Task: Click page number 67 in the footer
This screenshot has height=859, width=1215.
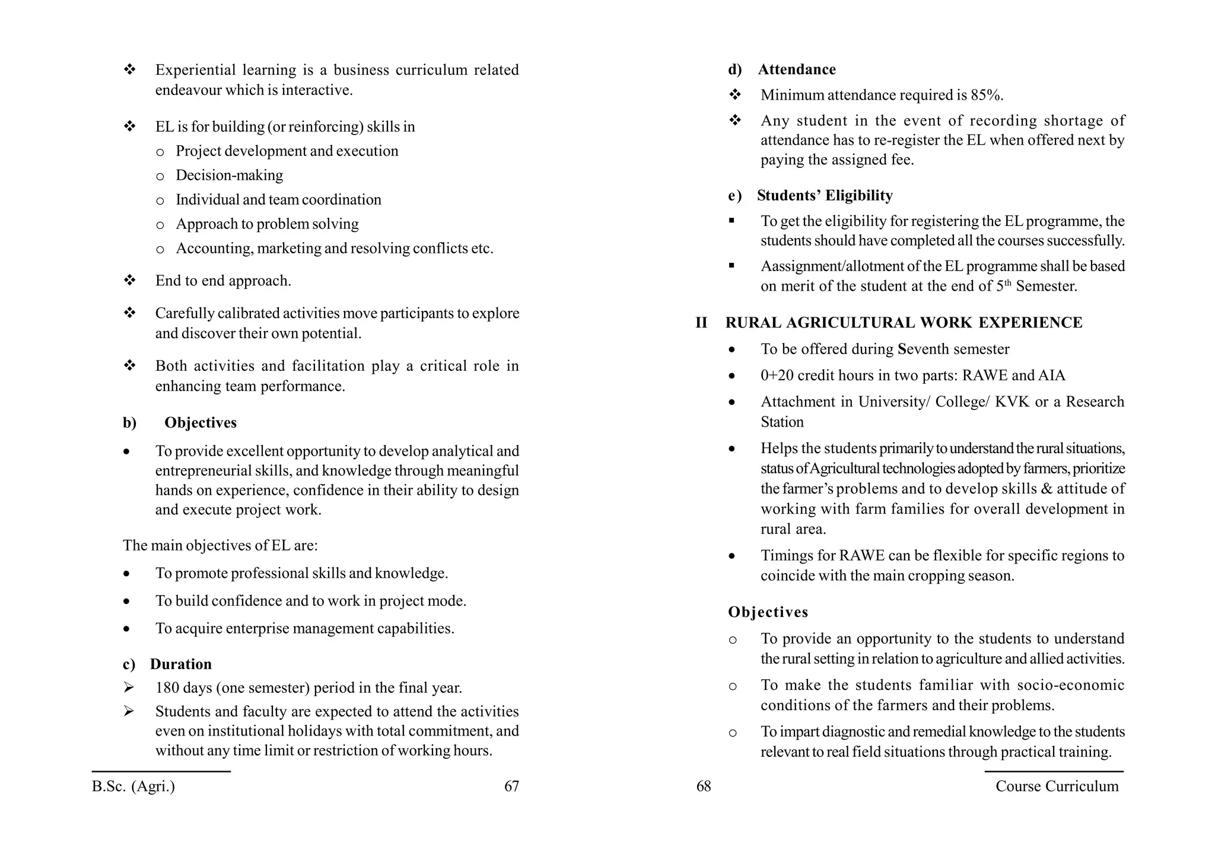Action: (511, 787)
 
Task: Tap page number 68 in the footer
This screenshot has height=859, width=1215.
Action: (704, 787)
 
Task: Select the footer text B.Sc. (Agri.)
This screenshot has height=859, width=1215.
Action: (133, 787)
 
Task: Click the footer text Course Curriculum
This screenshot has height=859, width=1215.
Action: (1057, 787)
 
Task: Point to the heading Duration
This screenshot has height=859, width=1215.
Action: (180, 664)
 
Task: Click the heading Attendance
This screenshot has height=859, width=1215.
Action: (797, 69)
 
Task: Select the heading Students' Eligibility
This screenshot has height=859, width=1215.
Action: (825, 196)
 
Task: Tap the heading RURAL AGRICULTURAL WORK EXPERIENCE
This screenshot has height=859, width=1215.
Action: (904, 323)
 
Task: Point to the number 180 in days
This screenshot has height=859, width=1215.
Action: (167, 688)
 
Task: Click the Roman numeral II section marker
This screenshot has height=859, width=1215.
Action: (701, 323)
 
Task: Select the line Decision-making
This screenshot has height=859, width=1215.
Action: (229, 176)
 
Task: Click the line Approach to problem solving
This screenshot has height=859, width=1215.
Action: (267, 224)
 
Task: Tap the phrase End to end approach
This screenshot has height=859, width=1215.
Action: (223, 281)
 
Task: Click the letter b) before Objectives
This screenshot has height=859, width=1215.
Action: (129, 423)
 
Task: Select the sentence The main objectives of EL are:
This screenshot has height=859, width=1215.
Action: (220, 545)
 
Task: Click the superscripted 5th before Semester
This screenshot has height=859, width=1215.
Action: (1003, 285)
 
